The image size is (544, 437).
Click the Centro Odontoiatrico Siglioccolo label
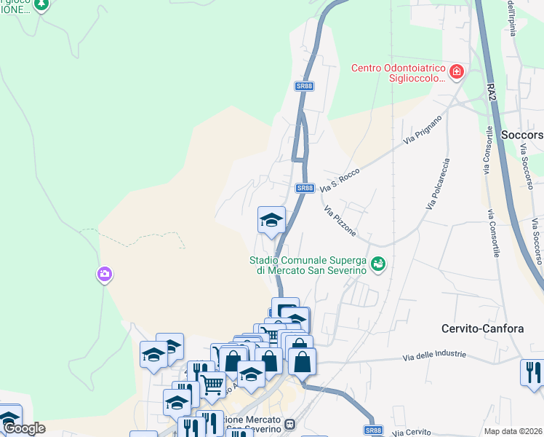(397, 74)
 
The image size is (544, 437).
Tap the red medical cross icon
(457, 71)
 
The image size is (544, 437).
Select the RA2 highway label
(492, 91)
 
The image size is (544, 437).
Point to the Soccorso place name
(522, 135)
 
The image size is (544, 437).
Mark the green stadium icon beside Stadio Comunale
(377, 264)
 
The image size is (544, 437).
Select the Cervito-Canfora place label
(482, 328)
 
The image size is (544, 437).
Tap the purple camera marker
(104, 275)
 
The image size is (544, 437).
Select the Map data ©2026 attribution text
(513, 431)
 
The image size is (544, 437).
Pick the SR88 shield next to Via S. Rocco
(305, 188)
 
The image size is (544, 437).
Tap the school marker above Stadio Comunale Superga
(271, 220)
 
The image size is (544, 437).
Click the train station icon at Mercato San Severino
(290, 424)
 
